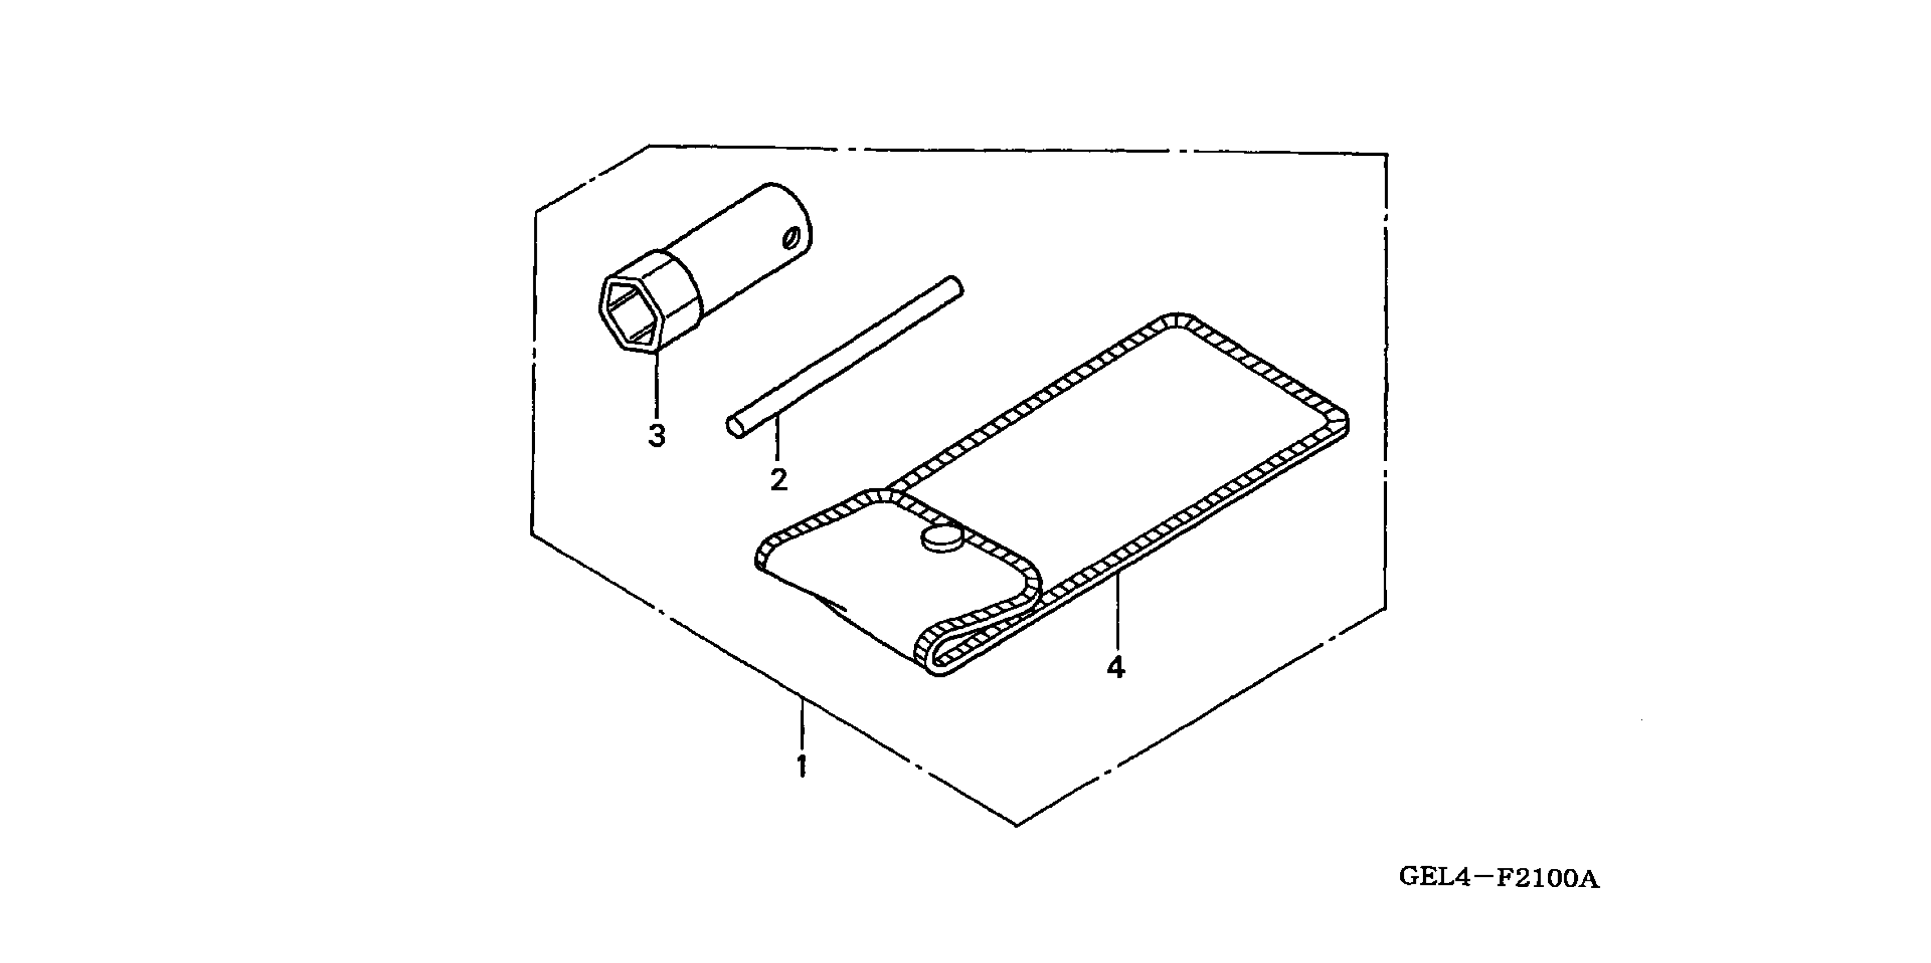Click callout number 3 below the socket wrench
[657, 434]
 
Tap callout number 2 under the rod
[779, 480]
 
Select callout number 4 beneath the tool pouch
[1115, 667]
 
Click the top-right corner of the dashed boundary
[1386, 155]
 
